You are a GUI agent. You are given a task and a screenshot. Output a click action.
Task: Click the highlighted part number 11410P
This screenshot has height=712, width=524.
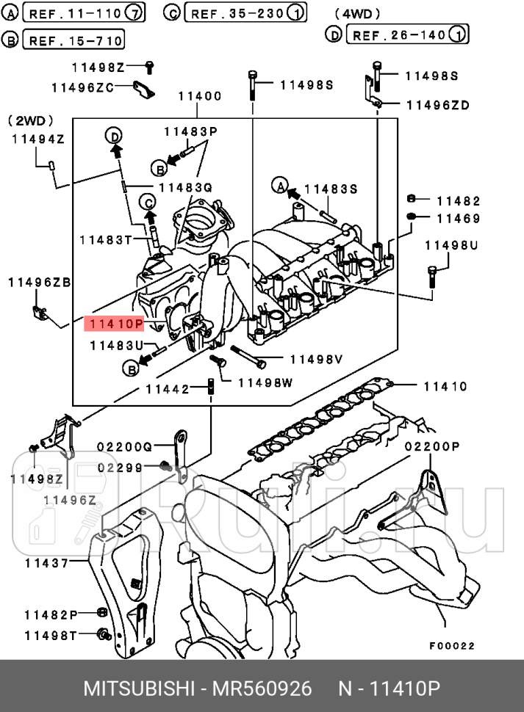[x=114, y=323]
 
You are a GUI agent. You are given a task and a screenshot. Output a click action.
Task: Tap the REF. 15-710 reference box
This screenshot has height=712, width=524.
[x=73, y=40]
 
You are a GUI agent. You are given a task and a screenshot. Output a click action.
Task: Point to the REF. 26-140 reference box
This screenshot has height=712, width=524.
[x=407, y=34]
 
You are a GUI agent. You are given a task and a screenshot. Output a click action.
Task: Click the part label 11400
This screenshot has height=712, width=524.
[x=199, y=96]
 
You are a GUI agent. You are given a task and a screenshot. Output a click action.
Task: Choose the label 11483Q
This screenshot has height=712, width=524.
[x=183, y=188]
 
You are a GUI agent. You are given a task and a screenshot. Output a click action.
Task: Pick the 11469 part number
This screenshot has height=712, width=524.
[x=458, y=218]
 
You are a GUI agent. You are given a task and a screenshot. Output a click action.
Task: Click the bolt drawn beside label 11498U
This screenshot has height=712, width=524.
[x=432, y=275]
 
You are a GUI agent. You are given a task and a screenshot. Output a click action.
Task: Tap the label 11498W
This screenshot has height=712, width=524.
[x=265, y=382]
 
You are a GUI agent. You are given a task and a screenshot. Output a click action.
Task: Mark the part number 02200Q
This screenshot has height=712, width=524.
[x=124, y=446]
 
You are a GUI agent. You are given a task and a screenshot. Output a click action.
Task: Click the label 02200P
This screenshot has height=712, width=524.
[x=432, y=446]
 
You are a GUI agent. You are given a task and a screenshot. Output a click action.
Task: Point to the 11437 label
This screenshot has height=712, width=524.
[x=46, y=564]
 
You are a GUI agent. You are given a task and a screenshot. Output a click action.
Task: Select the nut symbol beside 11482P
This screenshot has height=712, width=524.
[x=101, y=614]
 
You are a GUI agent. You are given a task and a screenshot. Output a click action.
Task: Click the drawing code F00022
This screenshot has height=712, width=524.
[x=452, y=646]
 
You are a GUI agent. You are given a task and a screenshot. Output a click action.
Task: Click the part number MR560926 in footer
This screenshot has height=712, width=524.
[x=262, y=689]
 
